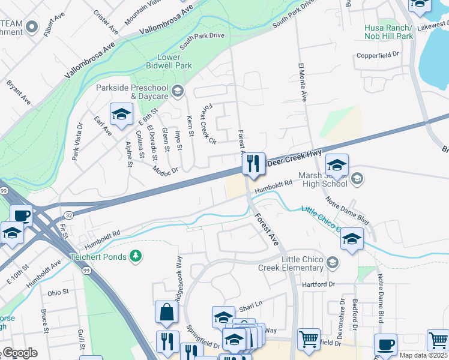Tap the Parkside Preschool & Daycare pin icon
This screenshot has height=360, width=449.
177,92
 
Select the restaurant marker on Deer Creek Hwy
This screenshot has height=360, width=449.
253,163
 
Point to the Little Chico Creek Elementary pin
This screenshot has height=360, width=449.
333,263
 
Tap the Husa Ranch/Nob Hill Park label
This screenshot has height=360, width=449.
388,32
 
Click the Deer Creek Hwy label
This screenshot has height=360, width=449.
295,159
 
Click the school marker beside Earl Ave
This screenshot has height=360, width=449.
121,115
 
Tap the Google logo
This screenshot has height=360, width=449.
19,353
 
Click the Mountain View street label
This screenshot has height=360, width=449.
143,13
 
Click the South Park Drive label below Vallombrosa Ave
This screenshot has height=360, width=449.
201,40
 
